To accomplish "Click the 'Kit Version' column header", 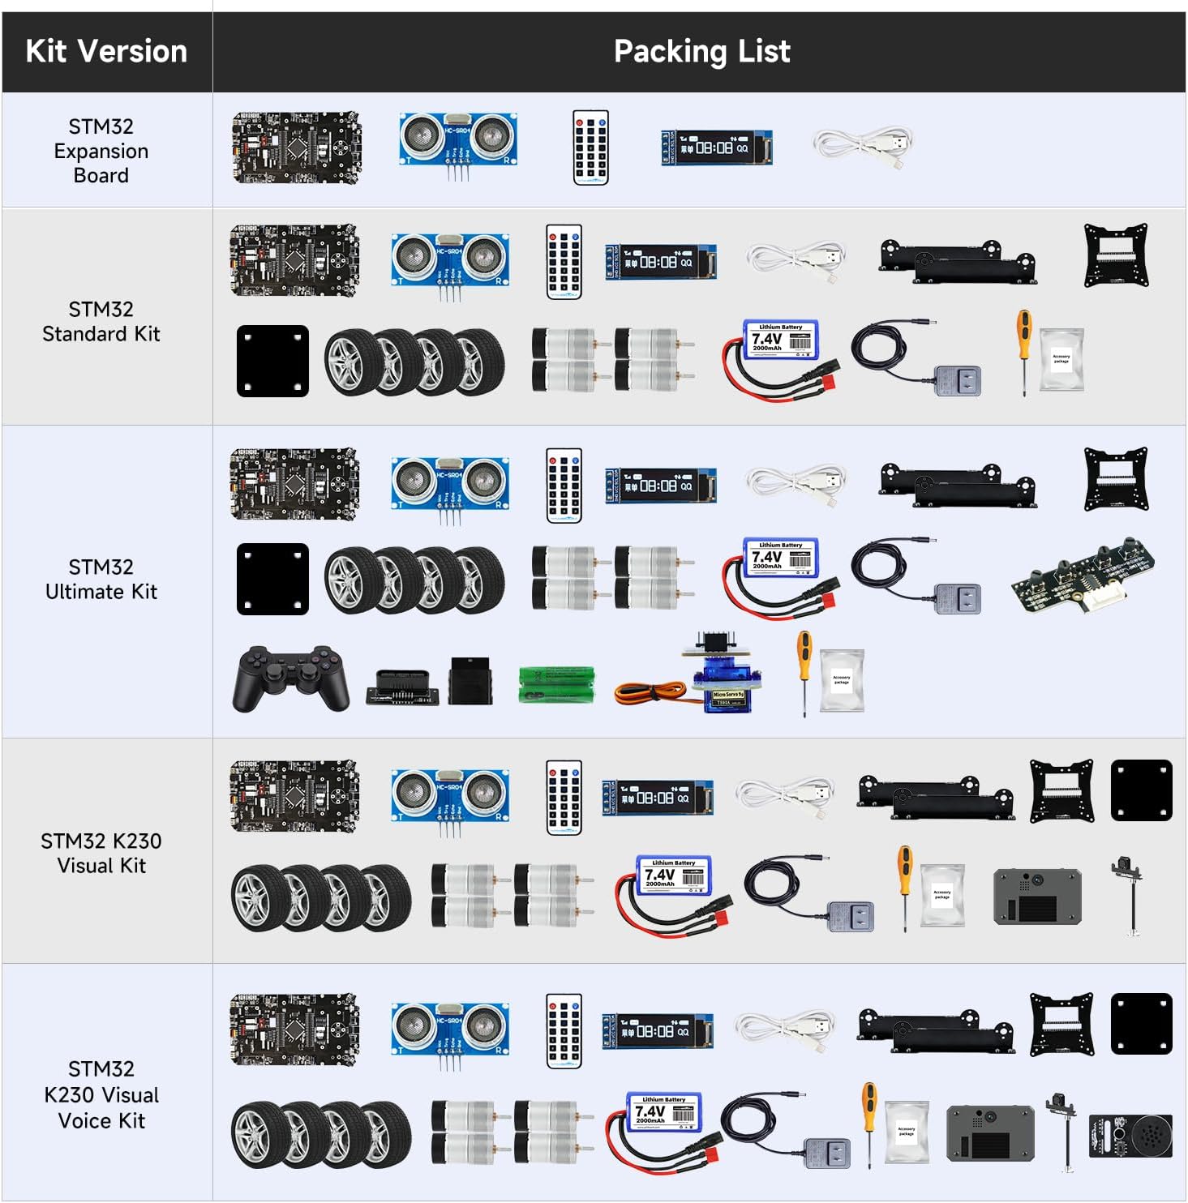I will [x=106, y=51].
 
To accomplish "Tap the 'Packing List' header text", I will [x=701, y=51].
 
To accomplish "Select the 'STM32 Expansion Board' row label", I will [x=101, y=151].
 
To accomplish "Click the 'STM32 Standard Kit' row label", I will [x=101, y=321].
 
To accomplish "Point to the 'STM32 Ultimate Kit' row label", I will [x=101, y=579].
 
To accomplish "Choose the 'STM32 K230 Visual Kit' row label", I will [x=101, y=853].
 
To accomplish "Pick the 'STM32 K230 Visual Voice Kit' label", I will [x=101, y=1094].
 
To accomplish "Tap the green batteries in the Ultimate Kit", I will [x=556, y=683].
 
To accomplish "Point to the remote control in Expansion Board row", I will [x=590, y=148].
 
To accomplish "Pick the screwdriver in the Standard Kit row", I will [x=1025, y=352].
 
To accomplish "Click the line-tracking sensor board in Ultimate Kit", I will [x=1083, y=576].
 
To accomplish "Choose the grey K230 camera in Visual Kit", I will [x=1037, y=897].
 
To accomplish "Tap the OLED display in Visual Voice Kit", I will [x=658, y=1031].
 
